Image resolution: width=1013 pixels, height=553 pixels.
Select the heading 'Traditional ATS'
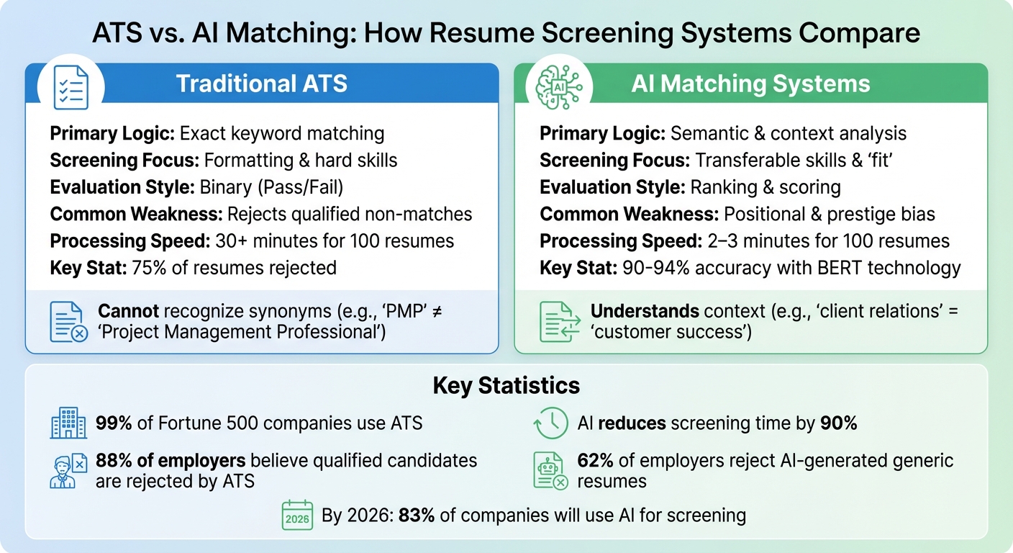pos(262,84)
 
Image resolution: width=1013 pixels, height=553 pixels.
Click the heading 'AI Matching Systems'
pos(750,84)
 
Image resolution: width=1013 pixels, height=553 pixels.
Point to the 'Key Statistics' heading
pos(506,385)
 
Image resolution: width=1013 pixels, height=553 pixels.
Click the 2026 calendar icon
pos(297,516)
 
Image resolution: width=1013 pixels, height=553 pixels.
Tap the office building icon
pos(68,423)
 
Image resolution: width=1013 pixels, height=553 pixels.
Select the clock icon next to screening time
pos(550,423)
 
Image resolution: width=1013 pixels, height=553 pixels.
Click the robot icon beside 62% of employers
pos(550,471)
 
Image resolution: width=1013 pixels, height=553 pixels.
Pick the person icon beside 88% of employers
pos(68,471)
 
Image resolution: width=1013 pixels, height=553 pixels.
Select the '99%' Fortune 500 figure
pos(114,423)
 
